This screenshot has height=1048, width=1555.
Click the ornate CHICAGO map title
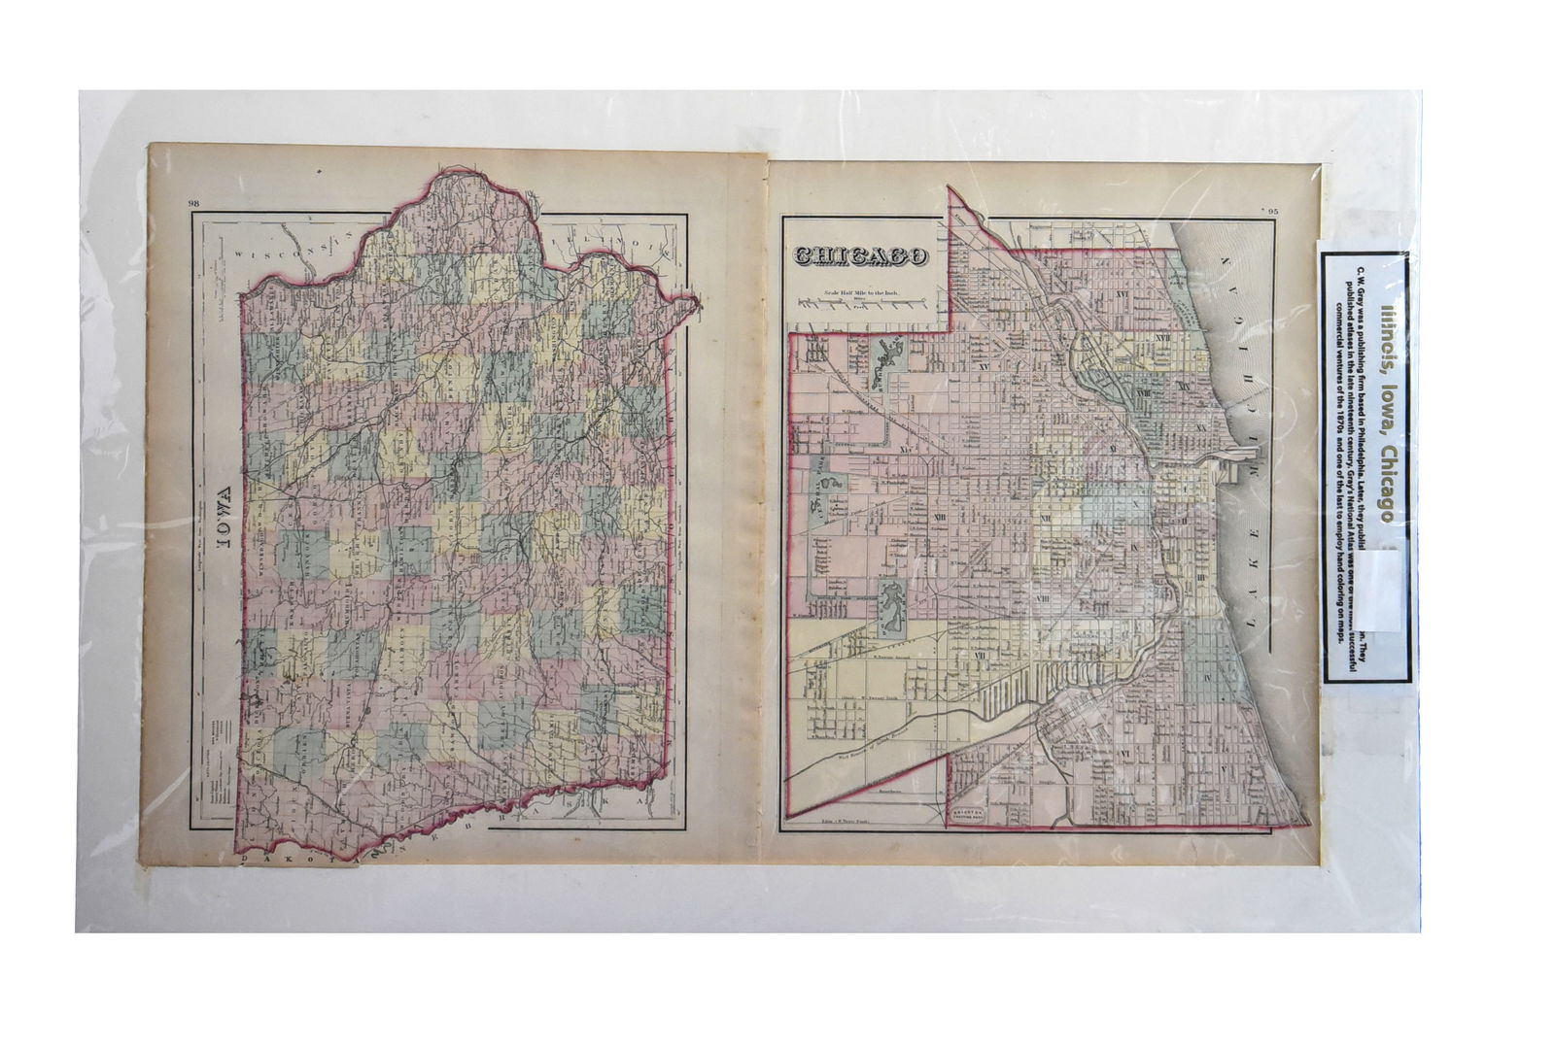[x=861, y=256]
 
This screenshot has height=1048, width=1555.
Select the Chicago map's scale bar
[x=859, y=304]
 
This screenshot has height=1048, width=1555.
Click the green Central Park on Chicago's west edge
[x=821, y=495]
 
